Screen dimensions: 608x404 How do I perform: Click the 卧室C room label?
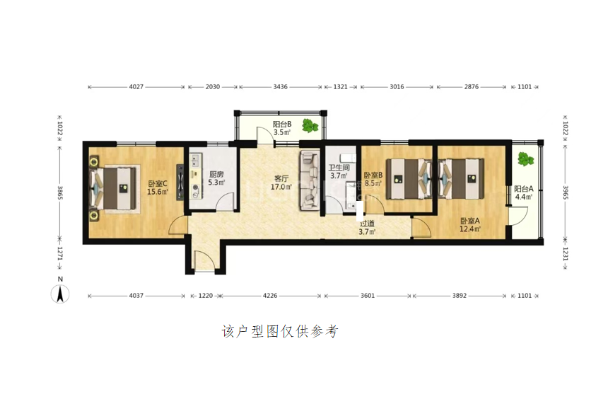coord(158,183)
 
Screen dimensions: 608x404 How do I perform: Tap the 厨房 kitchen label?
coord(216,175)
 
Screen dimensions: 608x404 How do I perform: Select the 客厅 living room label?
coord(281,178)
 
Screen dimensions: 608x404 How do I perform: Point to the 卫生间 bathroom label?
coord(339,168)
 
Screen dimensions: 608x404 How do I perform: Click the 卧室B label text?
coord(373,175)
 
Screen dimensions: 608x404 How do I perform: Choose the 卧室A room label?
coord(470,221)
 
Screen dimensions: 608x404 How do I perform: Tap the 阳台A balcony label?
coord(524,189)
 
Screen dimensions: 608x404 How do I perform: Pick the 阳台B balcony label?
coord(282,125)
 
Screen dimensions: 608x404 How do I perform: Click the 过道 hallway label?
coord(367,224)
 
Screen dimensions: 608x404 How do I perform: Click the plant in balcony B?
coord(310,125)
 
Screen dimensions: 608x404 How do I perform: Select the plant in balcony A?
coord(525,158)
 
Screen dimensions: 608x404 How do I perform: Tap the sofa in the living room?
coord(309,181)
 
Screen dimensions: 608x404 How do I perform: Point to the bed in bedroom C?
coord(115,188)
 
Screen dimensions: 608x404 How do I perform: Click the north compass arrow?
coord(60,294)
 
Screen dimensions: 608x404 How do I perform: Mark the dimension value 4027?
coord(136,87)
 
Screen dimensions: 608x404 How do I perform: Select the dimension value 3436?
coord(281,87)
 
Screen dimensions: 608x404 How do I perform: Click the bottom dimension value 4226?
coord(270,296)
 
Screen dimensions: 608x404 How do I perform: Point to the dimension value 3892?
coord(460,296)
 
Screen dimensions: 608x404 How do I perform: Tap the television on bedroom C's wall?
coord(180,183)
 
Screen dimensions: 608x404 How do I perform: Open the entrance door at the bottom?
coord(204,260)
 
